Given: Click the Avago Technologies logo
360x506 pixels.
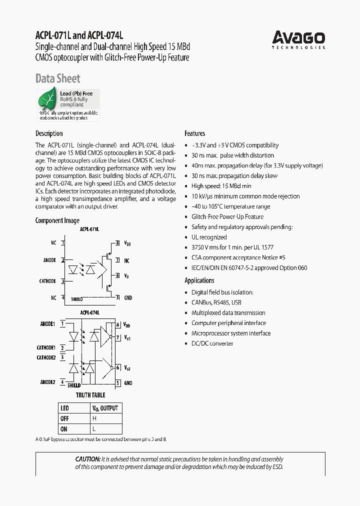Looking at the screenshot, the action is (298, 39).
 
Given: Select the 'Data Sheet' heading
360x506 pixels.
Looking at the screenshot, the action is (57, 78).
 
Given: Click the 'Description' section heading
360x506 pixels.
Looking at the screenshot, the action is (49, 133).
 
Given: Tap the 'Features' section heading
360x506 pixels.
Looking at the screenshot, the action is (195, 133).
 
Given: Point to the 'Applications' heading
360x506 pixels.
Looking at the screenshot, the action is (199, 280).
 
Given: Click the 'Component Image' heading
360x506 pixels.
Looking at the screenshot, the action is (57, 220).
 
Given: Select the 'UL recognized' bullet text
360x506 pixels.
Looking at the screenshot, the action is (209, 237).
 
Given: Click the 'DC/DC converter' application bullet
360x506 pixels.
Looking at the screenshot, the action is (212, 343).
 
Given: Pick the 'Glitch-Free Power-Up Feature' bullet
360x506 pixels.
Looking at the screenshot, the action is (227, 216).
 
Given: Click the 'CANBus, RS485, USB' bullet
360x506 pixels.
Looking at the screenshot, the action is (216, 302).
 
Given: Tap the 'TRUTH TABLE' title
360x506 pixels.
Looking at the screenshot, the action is (90, 395).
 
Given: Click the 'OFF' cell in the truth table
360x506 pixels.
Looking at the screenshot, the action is (64, 418).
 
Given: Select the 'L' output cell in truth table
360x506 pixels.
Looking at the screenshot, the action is (93, 429).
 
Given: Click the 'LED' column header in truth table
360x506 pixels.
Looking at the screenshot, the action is (64, 408).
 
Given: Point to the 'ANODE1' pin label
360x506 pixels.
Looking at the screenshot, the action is (47, 323).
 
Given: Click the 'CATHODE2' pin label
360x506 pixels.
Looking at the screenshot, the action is (46, 357).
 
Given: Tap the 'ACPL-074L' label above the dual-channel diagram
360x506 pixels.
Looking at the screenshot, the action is (90, 312).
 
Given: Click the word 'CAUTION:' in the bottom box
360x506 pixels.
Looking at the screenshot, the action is (87, 459).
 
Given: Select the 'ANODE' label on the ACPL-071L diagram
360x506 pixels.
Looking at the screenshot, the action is (49, 260).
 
